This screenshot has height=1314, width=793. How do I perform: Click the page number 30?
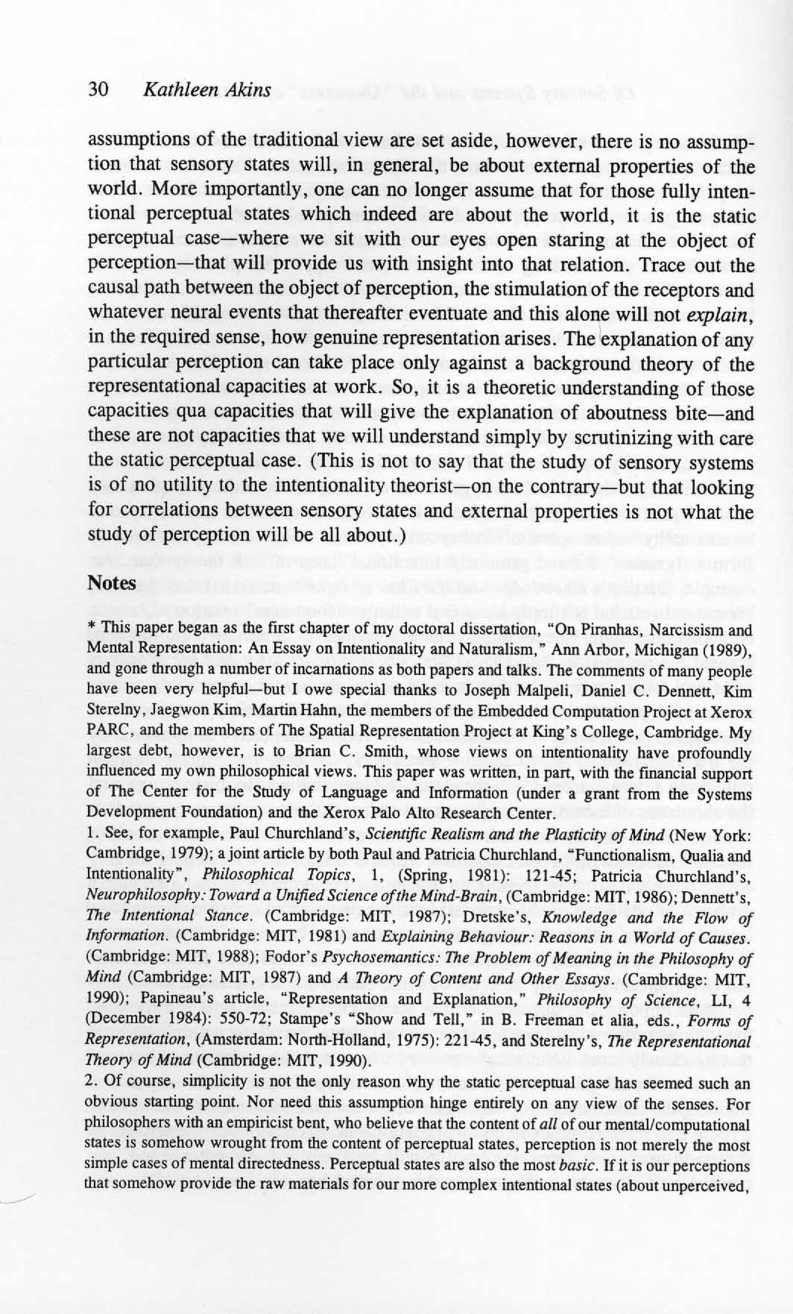point(99,90)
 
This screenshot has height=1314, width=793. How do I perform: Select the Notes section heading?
point(112,582)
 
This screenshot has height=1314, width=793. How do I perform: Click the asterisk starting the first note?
point(91,629)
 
